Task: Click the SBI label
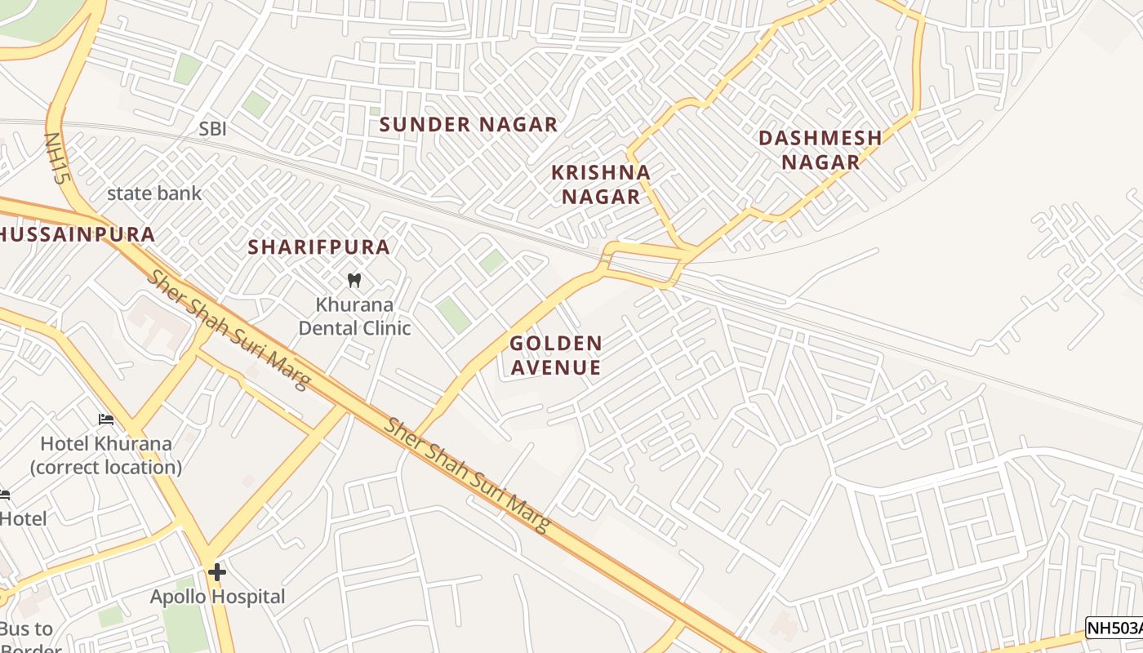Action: point(212,129)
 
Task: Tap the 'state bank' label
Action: point(154,193)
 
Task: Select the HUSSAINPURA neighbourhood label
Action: point(78,235)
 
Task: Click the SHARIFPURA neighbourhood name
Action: point(318,247)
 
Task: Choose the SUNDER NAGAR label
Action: point(469,125)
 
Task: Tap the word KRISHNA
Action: point(601,172)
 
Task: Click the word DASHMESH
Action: point(821,138)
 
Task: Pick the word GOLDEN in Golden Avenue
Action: point(556,344)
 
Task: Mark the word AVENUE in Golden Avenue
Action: point(556,368)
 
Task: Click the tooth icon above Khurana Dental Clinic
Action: point(354,281)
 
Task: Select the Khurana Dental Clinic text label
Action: point(354,317)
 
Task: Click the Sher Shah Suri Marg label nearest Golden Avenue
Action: point(467,475)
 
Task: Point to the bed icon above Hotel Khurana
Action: point(106,420)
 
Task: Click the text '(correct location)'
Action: point(106,468)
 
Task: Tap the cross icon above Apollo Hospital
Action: point(216,572)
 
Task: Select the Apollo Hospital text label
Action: point(218,597)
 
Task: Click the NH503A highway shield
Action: point(1114,628)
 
